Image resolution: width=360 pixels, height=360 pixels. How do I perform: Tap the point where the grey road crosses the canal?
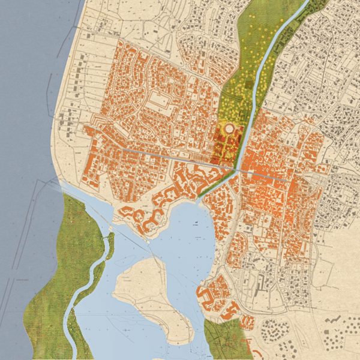click(x=238, y=169)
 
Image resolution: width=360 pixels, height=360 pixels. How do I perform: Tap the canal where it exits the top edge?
click(x=306, y=3)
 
